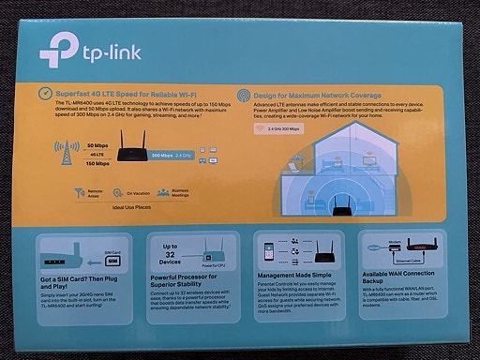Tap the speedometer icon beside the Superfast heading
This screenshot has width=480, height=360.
(47, 95)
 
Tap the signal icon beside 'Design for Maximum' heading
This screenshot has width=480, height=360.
(245, 96)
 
